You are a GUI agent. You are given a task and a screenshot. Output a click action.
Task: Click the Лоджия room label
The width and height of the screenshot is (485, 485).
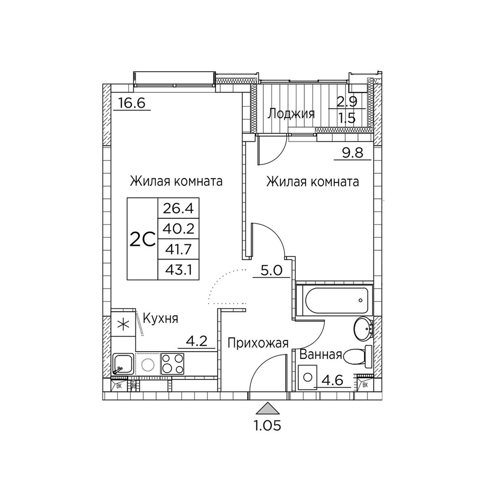point(291,114)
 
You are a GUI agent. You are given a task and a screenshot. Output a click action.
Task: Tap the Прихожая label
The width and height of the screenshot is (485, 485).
point(258,343)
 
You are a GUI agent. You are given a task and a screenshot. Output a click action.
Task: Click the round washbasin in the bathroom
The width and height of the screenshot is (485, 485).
point(363,329)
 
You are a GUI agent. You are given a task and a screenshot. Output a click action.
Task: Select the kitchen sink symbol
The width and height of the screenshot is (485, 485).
point(123,364)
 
